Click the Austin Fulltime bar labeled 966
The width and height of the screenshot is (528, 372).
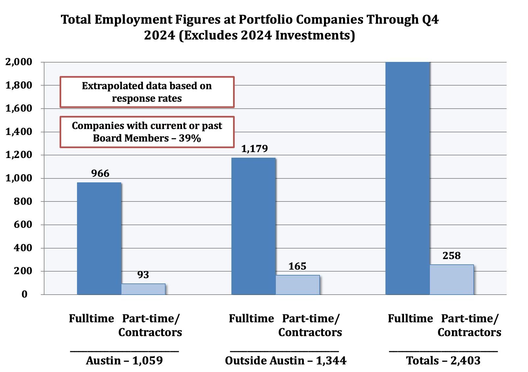pyautogui.click(x=99, y=238)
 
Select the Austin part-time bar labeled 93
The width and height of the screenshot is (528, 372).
pyautogui.click(x=143, y=289)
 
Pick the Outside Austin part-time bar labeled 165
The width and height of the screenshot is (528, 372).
pyautogui.click(x=298, y=285)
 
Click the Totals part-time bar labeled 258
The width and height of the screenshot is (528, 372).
pyautogui.click(x=452, y=279)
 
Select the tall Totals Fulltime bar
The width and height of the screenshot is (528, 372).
pyautogui.click(x=408, y=178)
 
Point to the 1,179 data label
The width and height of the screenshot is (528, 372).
pyautogui.click(x=254, y=149)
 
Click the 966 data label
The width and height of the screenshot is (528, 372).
pyautogui.click(x=100, y=173)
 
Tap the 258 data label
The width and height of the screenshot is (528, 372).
pyautogui.click(x=451, y=256)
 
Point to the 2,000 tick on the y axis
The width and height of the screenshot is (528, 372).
pyautogui.click(x=19, y=62)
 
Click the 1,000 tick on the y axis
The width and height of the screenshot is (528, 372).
pyautogui.click(x=19, y=178)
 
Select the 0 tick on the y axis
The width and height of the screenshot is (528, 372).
pyautogui.click(x=24, y=294)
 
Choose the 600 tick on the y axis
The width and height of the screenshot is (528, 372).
pyautogui.click(x=23, y=225)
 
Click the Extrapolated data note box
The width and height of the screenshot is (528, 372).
pyautogui.click(x=147, y=92)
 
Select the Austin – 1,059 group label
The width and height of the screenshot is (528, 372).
pyautogui.click(x=124, y=361)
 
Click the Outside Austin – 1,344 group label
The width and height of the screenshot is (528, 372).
pyautogui.click(x=285, y=361)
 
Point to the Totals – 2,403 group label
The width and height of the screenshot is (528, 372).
pyautogui.click(x=443, y=361)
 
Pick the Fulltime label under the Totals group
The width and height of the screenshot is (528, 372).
pyautogui.click(x=410, y=319)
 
